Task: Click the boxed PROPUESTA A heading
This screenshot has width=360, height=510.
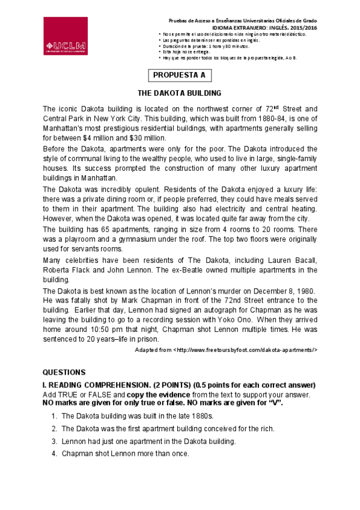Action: (x=179, y=75)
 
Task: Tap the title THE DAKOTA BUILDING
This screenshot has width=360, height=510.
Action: (x=180, y=93)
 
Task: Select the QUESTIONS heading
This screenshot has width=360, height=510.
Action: (x=64, y=372)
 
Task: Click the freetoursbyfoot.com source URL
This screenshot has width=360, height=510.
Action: (x=245, y=349)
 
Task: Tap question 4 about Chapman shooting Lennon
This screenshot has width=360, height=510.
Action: (x=125, y=453)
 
